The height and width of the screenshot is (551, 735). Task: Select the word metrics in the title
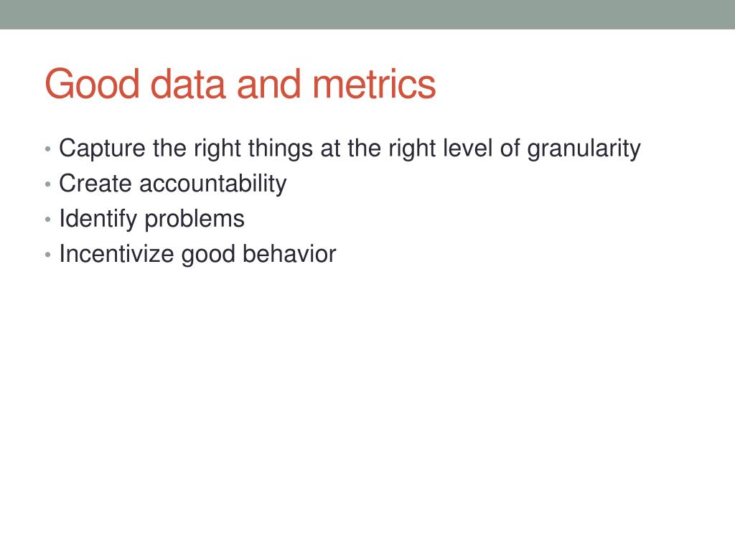click(x=373, y=85)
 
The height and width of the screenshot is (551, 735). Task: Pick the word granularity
click(x=584, y=149)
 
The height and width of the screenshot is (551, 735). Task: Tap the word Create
click(x=95, y=184)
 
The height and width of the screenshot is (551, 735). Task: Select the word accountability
click(x=212, y=184)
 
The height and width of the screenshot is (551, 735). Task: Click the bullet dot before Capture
click(x=47, y=150)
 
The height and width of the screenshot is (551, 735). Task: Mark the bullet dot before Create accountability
click(x=47, y=185)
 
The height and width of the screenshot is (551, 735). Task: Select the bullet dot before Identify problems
click(x=47, y=220)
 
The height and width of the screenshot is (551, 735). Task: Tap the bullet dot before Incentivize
click(x=47, y=255)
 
